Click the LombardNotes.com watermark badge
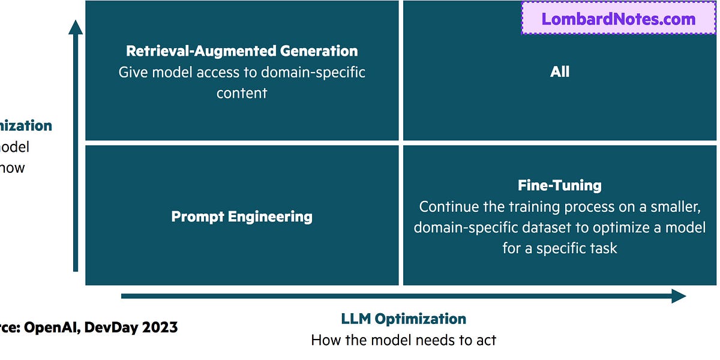(x=619, y=19)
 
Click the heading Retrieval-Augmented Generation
(x=242, y=51)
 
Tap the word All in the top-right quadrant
(x=559, y=72)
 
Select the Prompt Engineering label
(x=242, y=217)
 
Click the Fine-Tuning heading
(x=559, y=185)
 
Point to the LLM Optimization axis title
(x=403, y=319)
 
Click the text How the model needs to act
(x=403, y=340)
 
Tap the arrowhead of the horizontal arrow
(x=679, y=296)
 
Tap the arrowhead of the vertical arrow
(x=76, y=28)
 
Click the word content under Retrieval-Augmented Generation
(x=242, y=93)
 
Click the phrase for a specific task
(x=559, y=248)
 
